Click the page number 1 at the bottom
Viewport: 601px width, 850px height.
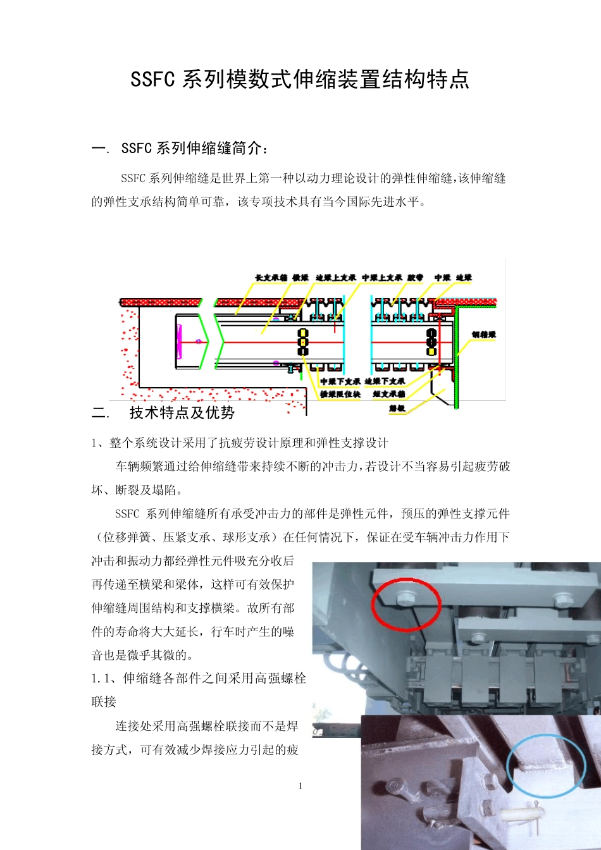[x=300, y=785]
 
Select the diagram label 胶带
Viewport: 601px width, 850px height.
[x=415, y=278]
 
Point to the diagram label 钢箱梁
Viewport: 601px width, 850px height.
[x=484, y=335]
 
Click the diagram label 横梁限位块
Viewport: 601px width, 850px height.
[x=340, y=395]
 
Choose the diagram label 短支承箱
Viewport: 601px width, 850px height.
[x=388, y=395]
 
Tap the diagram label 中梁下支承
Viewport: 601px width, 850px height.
[x=340, y=381]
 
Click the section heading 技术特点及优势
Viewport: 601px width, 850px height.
[x=182, y=413]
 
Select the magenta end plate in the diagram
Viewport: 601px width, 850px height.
[x=180, y=342]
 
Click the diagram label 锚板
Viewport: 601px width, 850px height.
[x=397, y=409]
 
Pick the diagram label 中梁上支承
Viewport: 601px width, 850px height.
[x=381, y=278]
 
